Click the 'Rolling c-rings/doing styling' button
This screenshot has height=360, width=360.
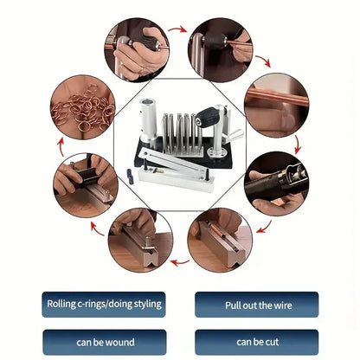(x=104, y=305)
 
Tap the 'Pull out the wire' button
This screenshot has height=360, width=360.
(x=257, y=305)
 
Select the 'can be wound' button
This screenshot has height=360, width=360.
(x=105, y=343)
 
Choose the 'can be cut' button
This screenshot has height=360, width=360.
(x=257, y=343)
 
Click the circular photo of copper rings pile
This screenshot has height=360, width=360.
(x=83, y=107)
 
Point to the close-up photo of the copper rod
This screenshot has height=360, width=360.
(x=277, y=106)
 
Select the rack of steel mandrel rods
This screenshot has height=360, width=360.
(x=179, y=132)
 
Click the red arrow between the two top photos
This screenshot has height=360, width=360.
(x=177, y=29)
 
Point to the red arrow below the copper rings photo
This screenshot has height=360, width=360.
(x=61, y=147)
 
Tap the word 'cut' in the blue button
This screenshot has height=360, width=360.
(x=272, y=343)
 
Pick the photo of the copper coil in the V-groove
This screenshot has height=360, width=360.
(x=220, y=240)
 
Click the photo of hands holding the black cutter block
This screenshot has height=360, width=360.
(x=86, y=185)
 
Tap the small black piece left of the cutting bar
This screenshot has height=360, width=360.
(x=130, y=177)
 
